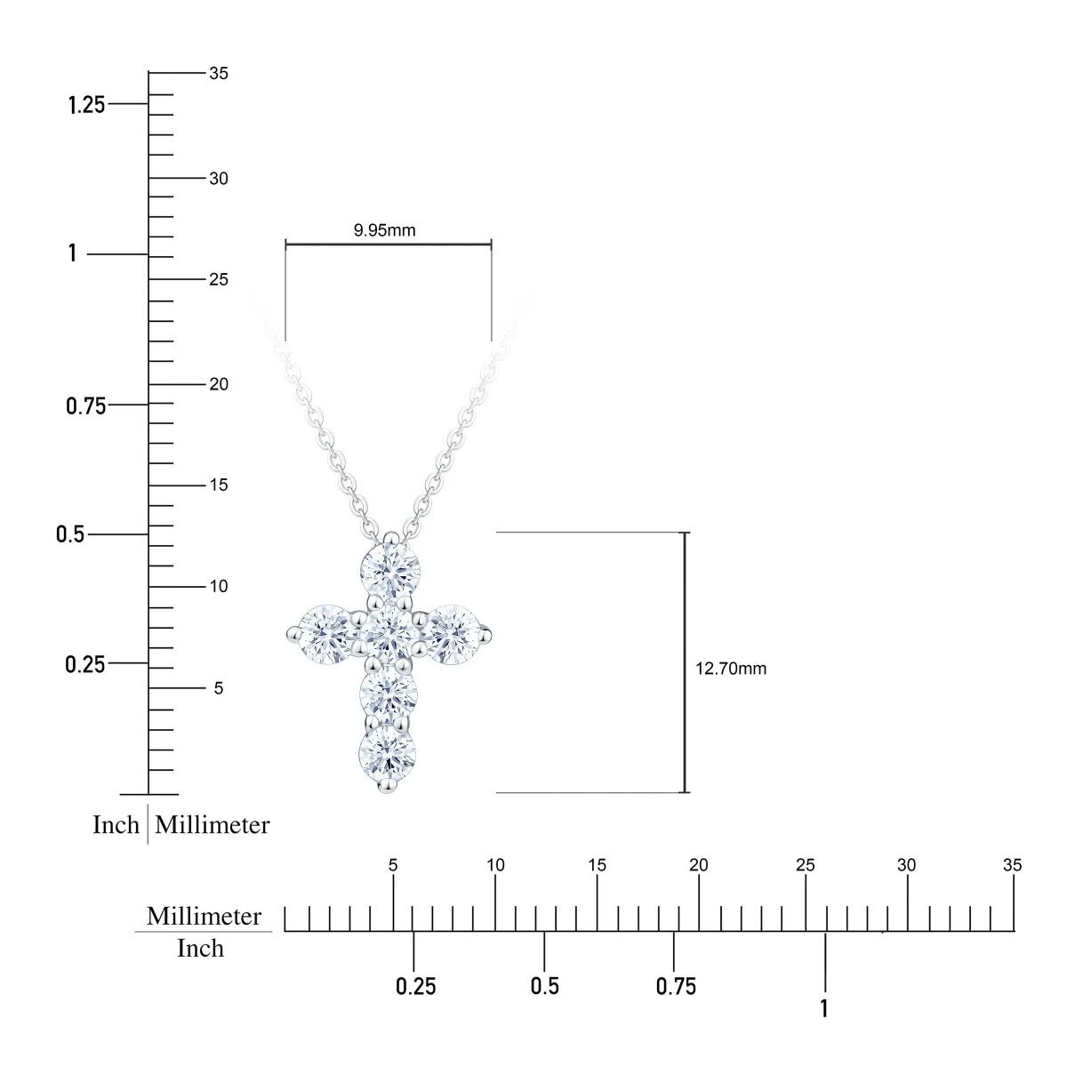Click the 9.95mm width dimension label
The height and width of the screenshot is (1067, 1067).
(384, 229)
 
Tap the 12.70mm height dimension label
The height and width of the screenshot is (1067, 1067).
(731, 669)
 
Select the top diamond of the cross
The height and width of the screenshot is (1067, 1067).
(391, 570)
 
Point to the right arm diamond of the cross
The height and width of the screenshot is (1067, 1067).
(454, 635)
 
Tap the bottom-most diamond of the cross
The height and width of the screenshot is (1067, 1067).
(388, 754)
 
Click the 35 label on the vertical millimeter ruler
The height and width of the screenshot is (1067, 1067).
(219, 73)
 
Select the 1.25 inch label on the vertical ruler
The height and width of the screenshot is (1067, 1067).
(86, 105)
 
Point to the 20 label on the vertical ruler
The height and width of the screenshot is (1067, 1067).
(219, 384)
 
